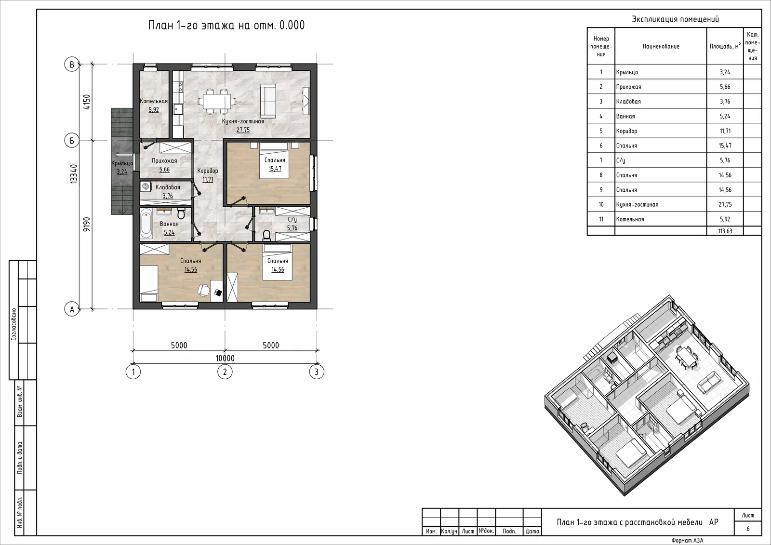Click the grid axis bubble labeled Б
pyautogui.click(x=72, y=141)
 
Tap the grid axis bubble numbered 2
pyautogui.click(x=225, y=372)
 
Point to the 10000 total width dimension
pyautogui.click(x=225, y=359)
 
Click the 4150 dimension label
pyautogui.click(x=87, y=102)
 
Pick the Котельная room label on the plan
pyautogui.click(x=154, y=101)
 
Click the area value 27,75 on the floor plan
pyautogui.click(x=243, y=130)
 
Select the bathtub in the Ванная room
pyautogui.click(x=146, y=224)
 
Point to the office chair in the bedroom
pyautogui.click(x=204, y=290)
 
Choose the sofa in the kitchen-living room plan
pyautogui.click(x=268, y=101)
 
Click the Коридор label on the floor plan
pyautogui.click(x=208, y=171)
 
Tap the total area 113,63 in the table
pyautogui.click(x=725, y=231)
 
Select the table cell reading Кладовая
pyautogui.click(x=628, y=102)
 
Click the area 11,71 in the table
pyautogui.click(x=725, y=131)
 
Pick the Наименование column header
pyautogui.click(x=661, y=46)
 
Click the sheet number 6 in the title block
pyautogui.click(x=748, y=529)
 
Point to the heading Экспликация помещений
pyautogui.click(x=675, y=19)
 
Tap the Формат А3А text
pyautogui.click(x=687, y=541)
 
